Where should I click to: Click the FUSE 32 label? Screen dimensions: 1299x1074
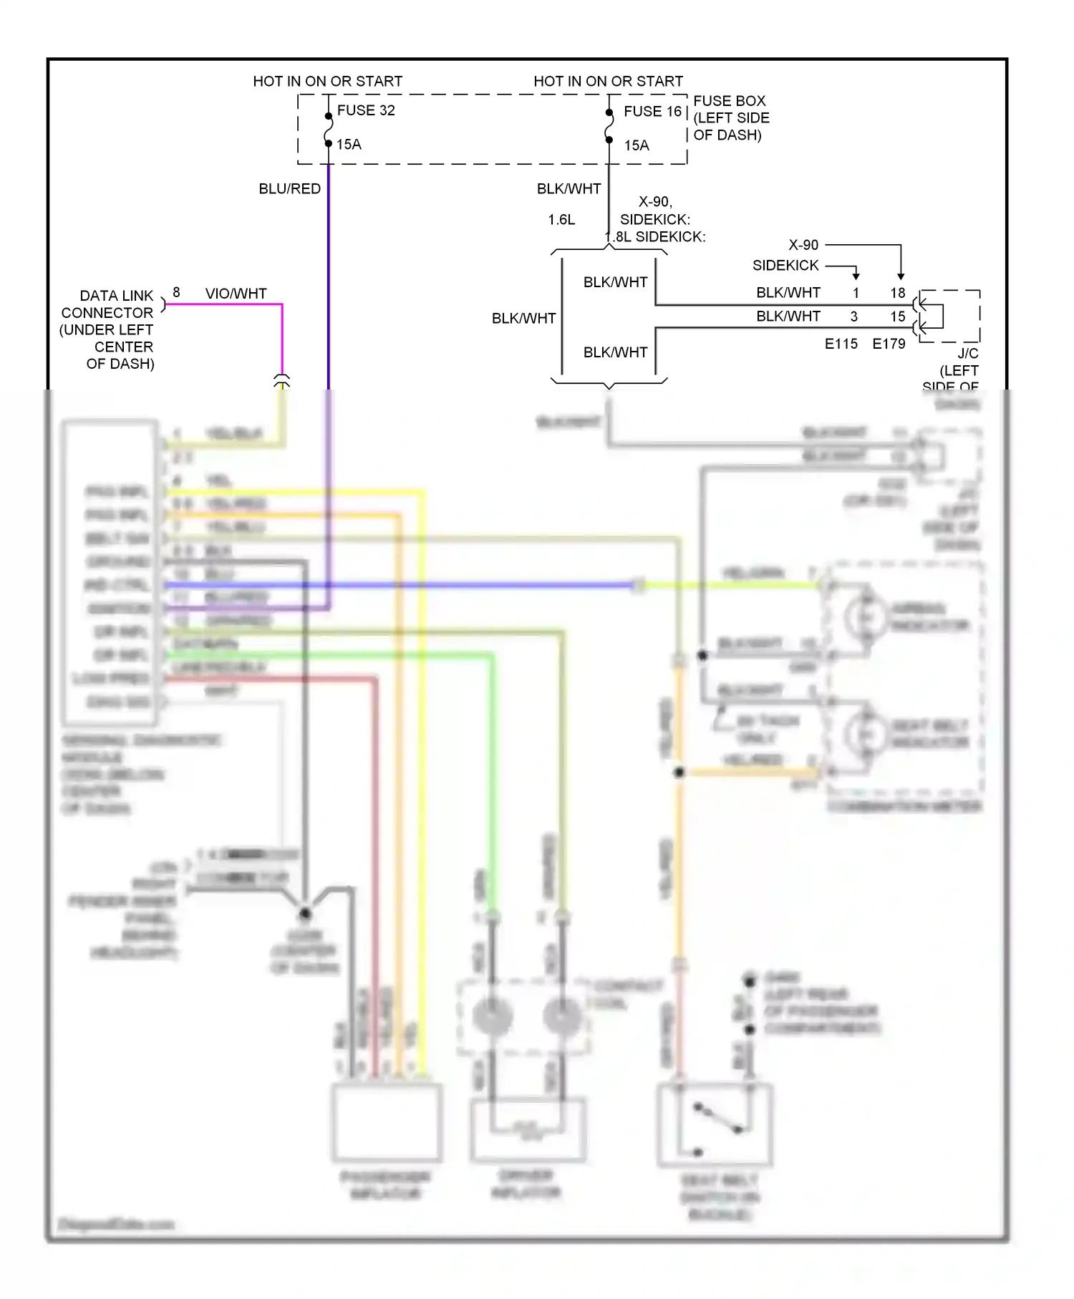(x=366, y=110)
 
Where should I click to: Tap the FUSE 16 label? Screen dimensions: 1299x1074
(x=652, y=111)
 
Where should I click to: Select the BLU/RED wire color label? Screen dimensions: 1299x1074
(x=289, y=188)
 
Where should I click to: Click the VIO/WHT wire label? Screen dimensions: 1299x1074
(x=236, y=294)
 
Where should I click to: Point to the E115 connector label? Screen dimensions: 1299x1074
(x=841, y=344)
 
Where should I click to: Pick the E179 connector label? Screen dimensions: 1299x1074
(x=889, y=344)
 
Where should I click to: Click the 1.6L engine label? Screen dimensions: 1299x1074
(x=561, y=220)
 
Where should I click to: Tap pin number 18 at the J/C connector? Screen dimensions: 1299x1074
(x=898, y=293)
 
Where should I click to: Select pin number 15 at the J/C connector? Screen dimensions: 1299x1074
(x=898, y=317)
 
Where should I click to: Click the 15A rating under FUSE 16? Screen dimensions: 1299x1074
(x=636, y=145)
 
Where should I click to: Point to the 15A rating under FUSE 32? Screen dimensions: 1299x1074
(x=349, y=145)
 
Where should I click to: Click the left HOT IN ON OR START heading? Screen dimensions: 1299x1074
(x=327, y=82)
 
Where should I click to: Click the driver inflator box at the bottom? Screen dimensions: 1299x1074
(x=528, y=1130)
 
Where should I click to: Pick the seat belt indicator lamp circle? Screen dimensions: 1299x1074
(x=866, y=734)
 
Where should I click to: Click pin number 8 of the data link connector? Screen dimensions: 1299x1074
(x=176, y=293)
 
